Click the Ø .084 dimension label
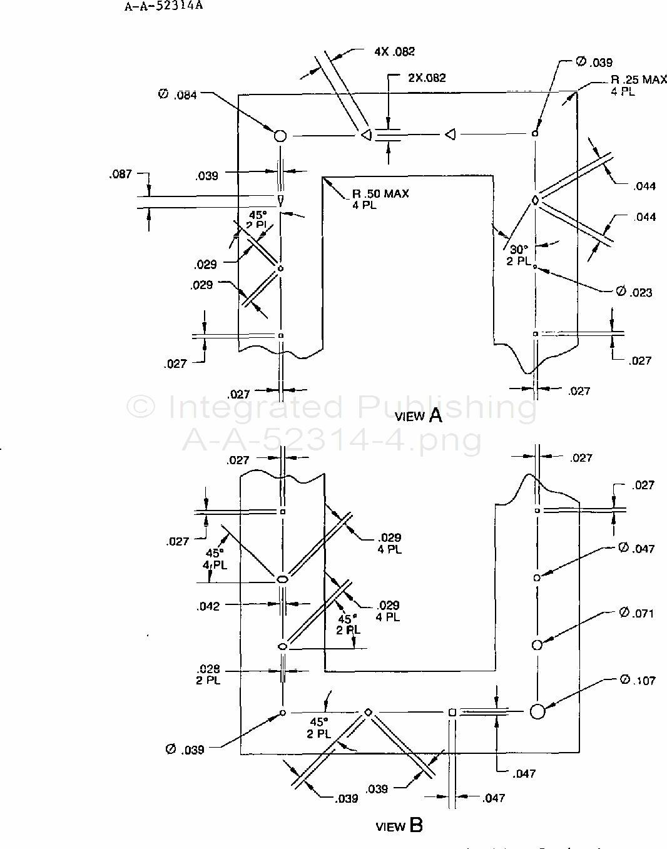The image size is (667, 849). click(x=178, y=94)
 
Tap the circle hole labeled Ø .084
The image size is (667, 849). click(x=280, y=135)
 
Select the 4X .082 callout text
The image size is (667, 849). click(x=394, y=52)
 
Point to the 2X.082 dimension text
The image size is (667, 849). click(x=427, y=78)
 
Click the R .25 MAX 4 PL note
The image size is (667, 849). click(x=630, y=86)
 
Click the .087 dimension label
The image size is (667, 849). click(x=120, y=174)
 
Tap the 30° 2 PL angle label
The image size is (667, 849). click(x=519, y=255)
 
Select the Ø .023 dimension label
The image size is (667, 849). click(x=634, y=292)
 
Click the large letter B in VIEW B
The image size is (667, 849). click(x=416, y=825)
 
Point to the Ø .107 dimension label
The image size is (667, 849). click(x=637, y=680)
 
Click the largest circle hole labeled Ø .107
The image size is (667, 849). click(x=537, y=711)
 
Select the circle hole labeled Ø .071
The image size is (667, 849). click(x=536, y=644)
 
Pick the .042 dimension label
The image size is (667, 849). click(x=208, y=606)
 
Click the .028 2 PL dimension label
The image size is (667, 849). click(x=208, y=674)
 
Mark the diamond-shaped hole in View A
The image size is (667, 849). click(x=535, y=200)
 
